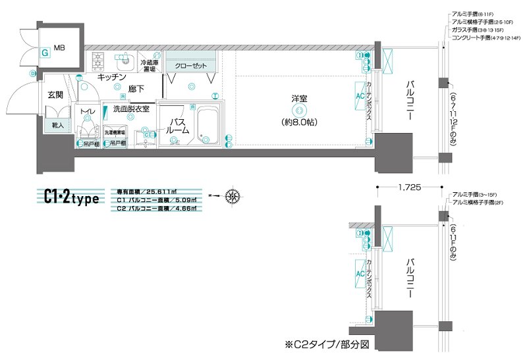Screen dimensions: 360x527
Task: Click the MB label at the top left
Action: point(59,48)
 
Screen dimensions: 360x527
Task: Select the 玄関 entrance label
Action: point(55,95)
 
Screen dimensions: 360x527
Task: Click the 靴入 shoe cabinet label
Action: point(57,124)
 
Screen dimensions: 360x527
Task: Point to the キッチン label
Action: point(112,78)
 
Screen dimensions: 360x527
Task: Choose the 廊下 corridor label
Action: point(136,88)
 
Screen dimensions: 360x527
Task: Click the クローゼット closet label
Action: point(191,66)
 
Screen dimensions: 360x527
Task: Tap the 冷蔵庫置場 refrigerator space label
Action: point(148,65)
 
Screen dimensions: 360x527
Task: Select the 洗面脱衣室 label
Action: point(131,109)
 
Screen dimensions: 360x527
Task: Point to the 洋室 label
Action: point(300,99)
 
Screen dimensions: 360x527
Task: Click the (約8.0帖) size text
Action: point(300,122)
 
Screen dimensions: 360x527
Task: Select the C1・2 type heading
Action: point(70,196)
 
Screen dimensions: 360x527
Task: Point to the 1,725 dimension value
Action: point(410,187)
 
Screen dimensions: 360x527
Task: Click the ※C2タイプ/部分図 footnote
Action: point(324,344)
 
